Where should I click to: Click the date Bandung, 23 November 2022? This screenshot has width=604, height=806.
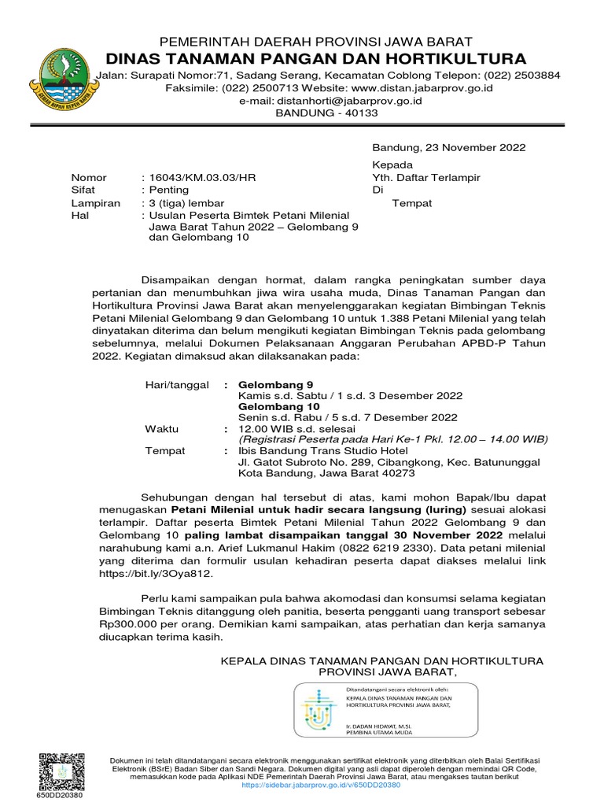click(449, 147)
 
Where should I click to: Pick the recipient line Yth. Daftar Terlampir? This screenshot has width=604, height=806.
click(425, 178)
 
